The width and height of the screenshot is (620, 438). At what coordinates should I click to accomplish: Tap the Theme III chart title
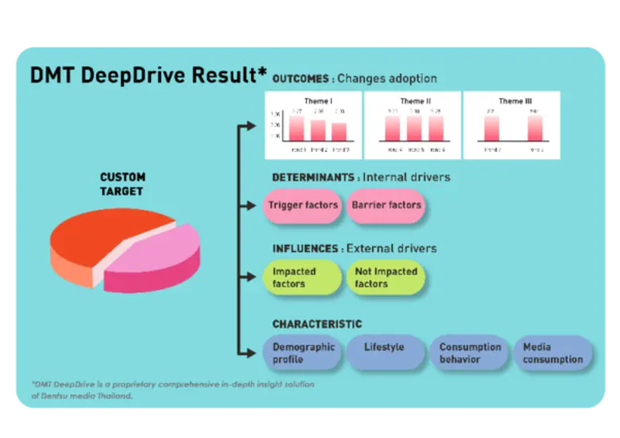point(511,102)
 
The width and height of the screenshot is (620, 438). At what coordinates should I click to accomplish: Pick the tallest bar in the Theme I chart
point(296,129)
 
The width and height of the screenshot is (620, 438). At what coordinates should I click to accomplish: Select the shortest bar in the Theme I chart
point(339,132)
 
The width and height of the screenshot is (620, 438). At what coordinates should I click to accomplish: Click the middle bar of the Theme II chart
point(413,129)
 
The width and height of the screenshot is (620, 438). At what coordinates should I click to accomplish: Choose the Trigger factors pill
point(303,205)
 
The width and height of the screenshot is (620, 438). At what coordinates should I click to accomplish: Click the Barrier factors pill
point(386,205)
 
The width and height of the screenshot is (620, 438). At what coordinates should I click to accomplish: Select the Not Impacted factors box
point(386,277)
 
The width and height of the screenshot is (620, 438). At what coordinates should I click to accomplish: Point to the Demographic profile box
point(304,353)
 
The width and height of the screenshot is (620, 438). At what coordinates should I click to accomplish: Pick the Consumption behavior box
point(470,353)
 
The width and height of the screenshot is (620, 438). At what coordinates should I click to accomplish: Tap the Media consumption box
point(552,353)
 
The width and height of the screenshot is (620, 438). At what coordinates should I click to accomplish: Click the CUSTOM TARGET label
point(122,184)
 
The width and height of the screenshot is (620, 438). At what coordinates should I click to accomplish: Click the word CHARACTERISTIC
point(316,324)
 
